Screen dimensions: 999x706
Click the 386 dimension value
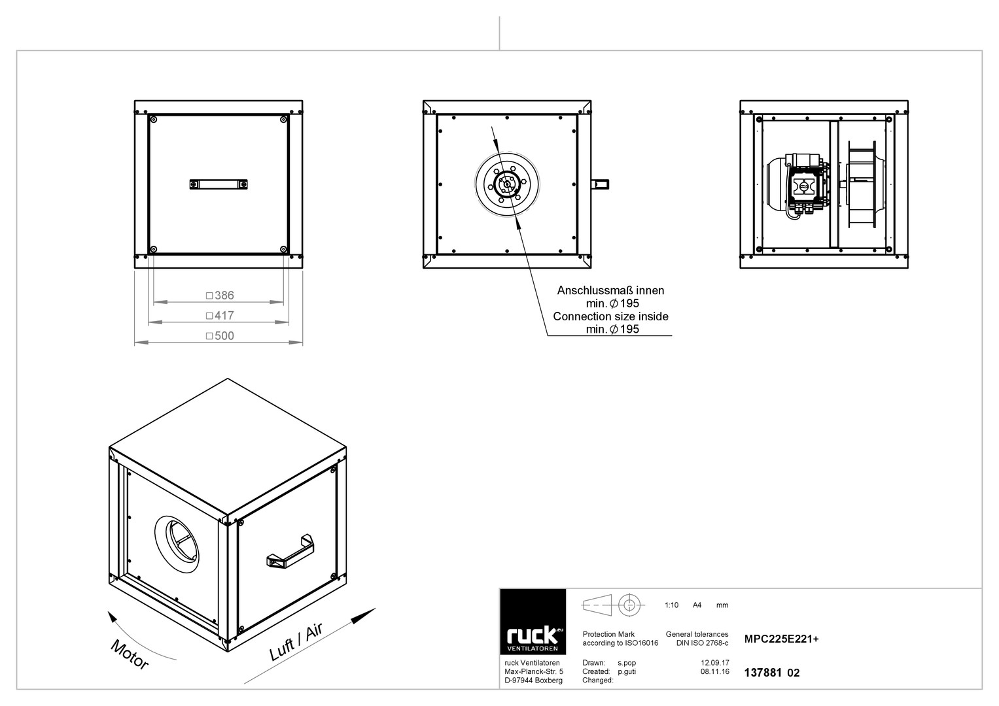[x=224, y=295]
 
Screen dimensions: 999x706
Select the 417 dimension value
[x=224, y=316]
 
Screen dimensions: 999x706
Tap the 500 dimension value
[x=224, y=335]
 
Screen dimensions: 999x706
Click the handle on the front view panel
[x=219, y=184]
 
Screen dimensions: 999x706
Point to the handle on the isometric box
[x=290, y=551]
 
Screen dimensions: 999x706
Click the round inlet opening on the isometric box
[x=177, y=545]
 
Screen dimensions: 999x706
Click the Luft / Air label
[x=296, y=642]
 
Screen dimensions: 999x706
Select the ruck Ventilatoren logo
[x=533, y=622]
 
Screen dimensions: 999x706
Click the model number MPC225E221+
[x=781, y=639]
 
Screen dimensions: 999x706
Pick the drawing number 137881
[x=763, y=673]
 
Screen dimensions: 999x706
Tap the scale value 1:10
[x=671, y=605]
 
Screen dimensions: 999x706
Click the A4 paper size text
[x=697, y=605]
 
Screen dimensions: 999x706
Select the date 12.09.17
[x=715, y=663]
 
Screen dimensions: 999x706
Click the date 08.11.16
[x=715, y=671]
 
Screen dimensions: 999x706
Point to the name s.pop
[x=627, y=664]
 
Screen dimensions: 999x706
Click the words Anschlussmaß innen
[x=610, y=291]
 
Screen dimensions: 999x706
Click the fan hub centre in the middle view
[x=506, y=184]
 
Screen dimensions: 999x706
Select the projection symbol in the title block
[x=613, y=605]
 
